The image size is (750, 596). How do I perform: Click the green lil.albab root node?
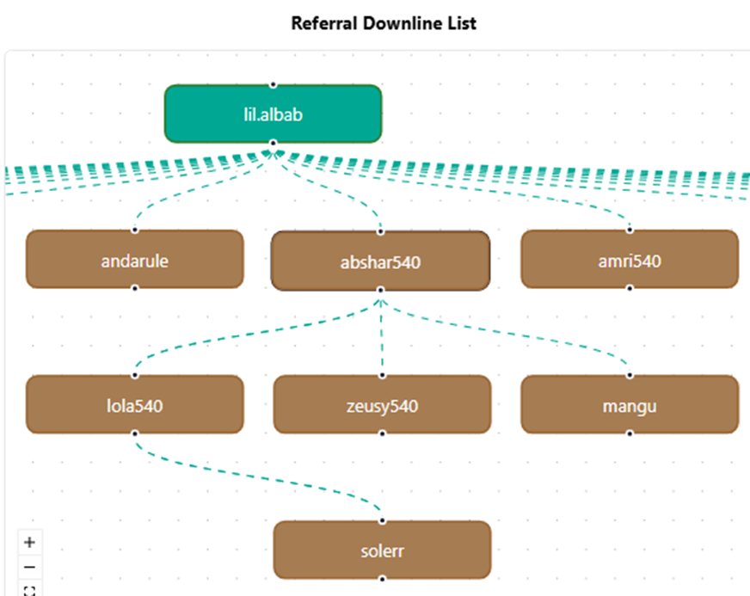[274, 114]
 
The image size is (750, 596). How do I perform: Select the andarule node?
[135, 259]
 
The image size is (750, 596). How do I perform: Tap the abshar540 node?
[380, 261]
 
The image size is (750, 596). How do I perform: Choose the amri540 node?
[630, 259]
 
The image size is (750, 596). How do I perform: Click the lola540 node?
[135, 404]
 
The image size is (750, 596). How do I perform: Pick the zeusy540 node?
[382, 404]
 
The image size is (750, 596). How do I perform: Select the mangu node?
[630, 404]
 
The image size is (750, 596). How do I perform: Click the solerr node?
[382, 550]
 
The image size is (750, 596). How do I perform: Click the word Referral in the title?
[324, 23]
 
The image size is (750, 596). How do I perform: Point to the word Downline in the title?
[403, 23]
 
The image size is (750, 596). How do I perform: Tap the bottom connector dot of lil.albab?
[274, 143]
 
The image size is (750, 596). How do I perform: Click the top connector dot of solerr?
[382, 520]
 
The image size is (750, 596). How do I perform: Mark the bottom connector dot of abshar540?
[381, 290]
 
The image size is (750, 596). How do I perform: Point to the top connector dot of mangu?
[630, 376]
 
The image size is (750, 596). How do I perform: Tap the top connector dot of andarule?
[135, 230]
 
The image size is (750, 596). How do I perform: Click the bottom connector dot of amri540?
[630, 288]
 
